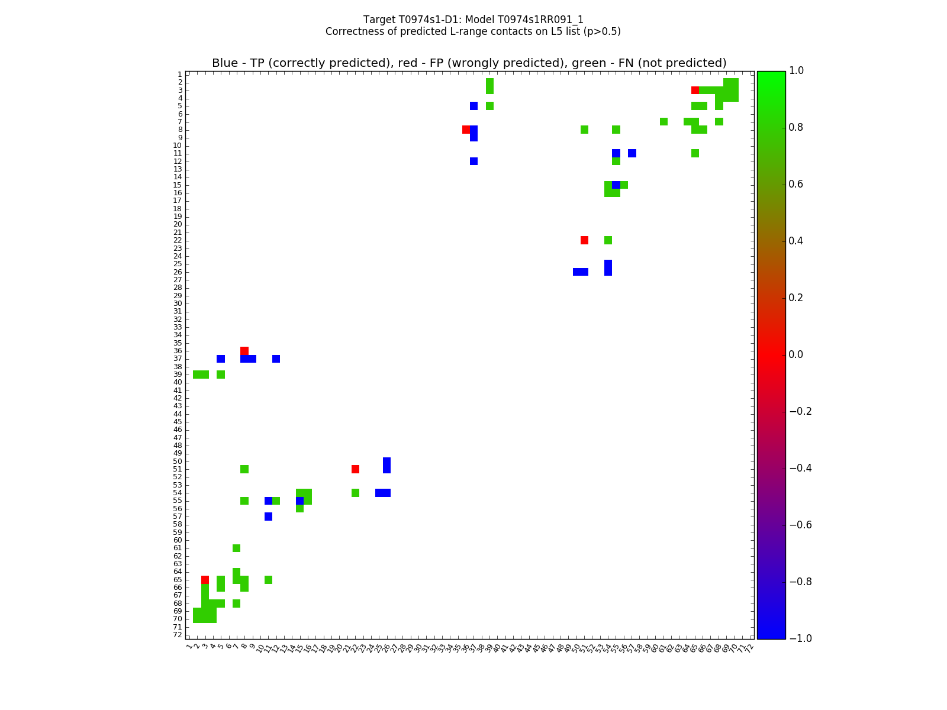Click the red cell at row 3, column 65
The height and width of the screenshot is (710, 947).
point(695,91)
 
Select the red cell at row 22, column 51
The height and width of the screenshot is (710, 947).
point(584,240)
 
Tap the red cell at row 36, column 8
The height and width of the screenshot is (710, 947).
point(244,351)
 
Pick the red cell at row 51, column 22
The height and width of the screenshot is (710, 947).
point(355,469)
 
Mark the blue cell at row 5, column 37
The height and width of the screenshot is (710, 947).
point(474,106)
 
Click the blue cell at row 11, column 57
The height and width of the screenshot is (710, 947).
point(632,153)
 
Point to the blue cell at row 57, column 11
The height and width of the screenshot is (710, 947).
point(268,517)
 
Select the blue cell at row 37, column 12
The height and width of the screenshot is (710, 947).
point(276,359)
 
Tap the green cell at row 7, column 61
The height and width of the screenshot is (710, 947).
point(663,122)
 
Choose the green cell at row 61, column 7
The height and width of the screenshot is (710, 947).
point(236,548)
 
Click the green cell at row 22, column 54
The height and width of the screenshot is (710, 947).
point(608,240)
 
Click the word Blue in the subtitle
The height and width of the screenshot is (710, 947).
point(225,63)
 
